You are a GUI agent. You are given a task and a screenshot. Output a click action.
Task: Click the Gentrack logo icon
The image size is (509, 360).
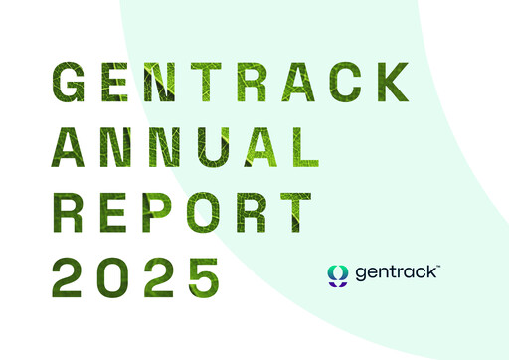pyautogui.click(x=338, y=272)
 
